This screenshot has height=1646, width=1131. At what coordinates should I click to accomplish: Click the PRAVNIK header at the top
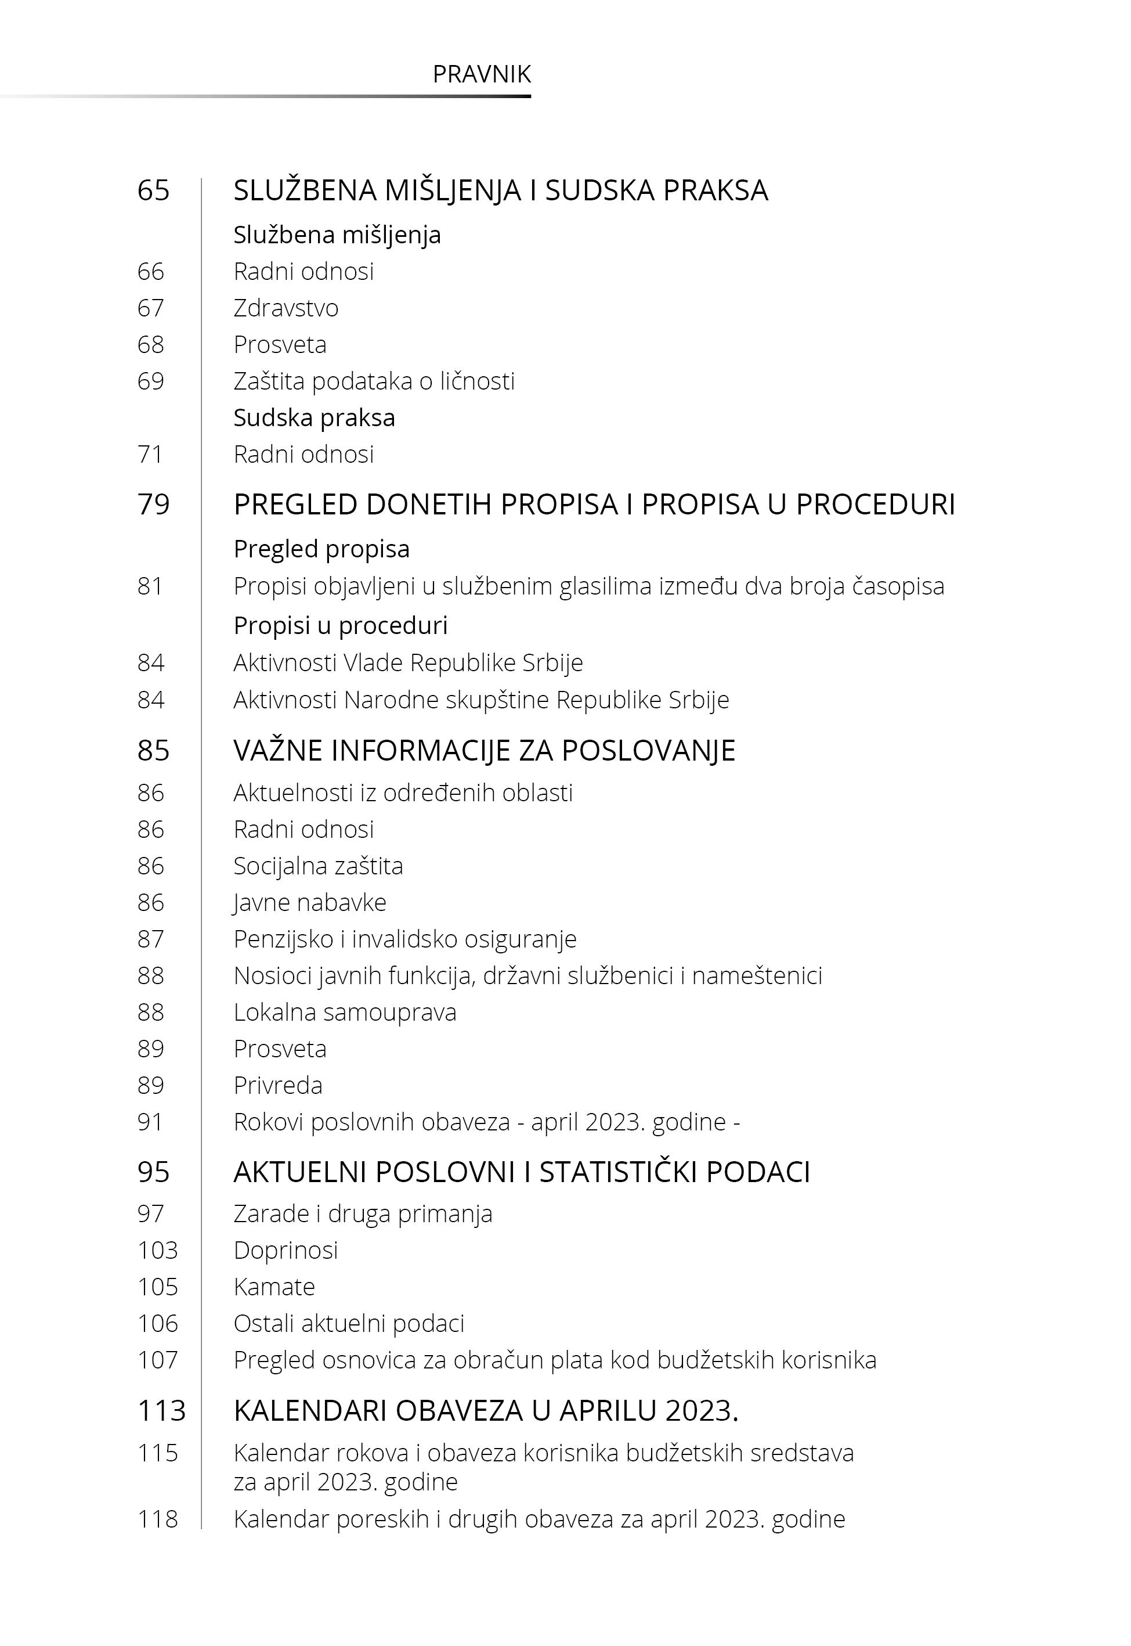[481, 74]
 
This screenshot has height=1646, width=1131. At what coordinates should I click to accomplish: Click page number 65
[153, 190]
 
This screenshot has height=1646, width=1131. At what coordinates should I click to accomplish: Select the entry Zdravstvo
[286, 308]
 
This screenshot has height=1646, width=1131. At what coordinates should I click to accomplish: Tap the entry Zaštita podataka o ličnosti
[374, 381]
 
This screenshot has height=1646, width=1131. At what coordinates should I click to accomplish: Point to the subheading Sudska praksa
[314, 417]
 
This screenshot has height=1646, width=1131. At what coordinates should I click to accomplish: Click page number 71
[150, 455]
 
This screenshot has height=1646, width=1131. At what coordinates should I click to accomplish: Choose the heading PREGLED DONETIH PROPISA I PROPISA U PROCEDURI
[594, 505]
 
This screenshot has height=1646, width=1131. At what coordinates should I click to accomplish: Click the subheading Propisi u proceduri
[340, 625]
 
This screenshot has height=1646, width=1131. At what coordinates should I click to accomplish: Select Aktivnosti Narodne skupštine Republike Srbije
[481, 700]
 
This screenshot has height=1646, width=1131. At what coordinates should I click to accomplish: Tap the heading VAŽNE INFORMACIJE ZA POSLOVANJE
[484, 751]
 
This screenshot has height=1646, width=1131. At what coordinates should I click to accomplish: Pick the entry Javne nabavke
[310, 902]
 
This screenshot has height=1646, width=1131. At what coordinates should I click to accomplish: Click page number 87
[150, 939]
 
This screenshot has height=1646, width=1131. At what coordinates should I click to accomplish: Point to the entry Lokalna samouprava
[344, 1012]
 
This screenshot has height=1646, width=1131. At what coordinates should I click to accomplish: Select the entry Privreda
[278, 1085]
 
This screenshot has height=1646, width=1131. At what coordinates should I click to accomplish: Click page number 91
[150, 1122]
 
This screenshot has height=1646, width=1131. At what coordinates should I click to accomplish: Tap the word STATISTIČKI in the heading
[618, 1172]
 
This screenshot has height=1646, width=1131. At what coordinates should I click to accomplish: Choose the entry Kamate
[274, 1287]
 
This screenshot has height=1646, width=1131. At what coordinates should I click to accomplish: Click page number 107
[157, 1360]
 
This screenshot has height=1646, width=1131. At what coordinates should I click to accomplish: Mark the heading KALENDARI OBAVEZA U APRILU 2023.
[486, 1411]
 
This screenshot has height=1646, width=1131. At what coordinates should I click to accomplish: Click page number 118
[157, 1519]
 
